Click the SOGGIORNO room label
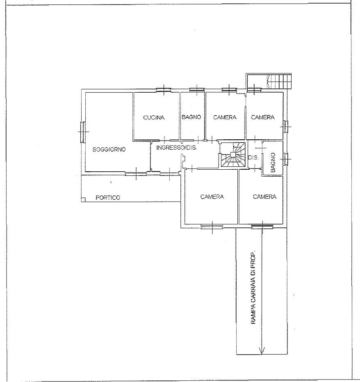pos(109,149)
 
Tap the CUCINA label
pos(154,118)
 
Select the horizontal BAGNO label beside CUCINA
pos(191,117)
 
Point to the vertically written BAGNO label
pos(273,162)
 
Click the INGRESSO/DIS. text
pos(177,148)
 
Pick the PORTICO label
pos(108,198)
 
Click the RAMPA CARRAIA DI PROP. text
pos(253,287)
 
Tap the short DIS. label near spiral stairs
pos(253,158)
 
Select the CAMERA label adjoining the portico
pos(212,197)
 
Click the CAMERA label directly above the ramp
pos(264,197)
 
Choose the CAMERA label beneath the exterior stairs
pos(263,117)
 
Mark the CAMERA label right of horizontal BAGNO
pos(225,117)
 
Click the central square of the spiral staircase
pos(233,155)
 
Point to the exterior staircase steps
pos(279,82)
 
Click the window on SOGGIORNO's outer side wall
pos(83,132)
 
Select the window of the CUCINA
pos(164,90)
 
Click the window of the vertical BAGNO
pos(285,159)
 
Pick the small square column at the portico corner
pos(83,200)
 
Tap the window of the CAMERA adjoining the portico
pos(212,227)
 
